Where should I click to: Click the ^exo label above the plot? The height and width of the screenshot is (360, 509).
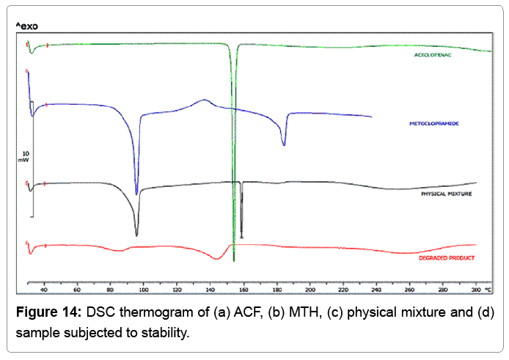pyautogui.click(x=26, y=27)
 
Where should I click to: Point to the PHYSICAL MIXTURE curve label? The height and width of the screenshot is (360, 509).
pyautogui.click(x=445, y=194)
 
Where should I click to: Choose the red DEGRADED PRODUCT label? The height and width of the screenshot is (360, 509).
pyautogui.click(x=446, y=258)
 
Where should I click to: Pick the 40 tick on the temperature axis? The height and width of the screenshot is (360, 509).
pyautogui.click(x=44, y=287)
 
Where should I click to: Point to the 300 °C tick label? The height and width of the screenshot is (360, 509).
pyautogui.click(x=479, y=287)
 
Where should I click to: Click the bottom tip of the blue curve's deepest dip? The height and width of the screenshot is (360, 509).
pyautogui.click(x=136, y=194)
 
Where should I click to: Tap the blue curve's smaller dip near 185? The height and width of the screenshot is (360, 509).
pyautogui.click(x=284, y=145)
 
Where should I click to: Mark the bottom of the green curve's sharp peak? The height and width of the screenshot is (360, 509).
pyautogui.click(x=234, y=260)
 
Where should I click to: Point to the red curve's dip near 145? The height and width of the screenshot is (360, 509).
pyautogui.click(x=216, y=259)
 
